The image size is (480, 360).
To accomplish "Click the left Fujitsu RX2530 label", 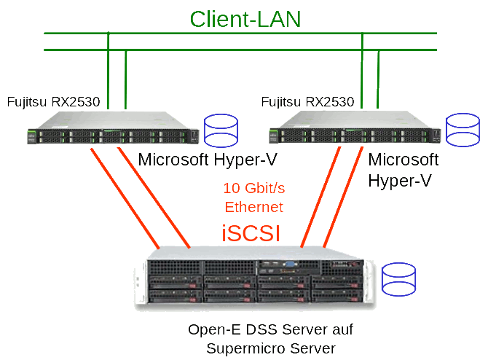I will click(x=53, y=101).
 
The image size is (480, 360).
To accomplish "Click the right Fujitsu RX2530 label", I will click(x=307, y=101).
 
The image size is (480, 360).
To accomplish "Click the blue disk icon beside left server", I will click(x=221, y=129).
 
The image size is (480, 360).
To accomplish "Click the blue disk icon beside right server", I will click(x=463, y=129).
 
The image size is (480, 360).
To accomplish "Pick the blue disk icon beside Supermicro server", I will click(x=398, y=279).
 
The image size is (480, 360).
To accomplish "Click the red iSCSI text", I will click(x=251, y=233).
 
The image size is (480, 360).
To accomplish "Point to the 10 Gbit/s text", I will click(x=254, y=188).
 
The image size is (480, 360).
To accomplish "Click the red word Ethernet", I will click(x=254, y=207).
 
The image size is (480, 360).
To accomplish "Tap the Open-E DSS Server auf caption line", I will click(x=270, y=329).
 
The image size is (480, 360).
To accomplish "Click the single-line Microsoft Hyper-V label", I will click(x=208, y=160).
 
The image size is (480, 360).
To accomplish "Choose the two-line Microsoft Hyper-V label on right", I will click(x=404, y=170).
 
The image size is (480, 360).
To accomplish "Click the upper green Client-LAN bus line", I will click(x=240, y=33).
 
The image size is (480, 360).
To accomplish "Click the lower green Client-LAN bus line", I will click(x=240, y=50).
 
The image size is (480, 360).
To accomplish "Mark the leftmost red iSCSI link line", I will click(x=124, y=197).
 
